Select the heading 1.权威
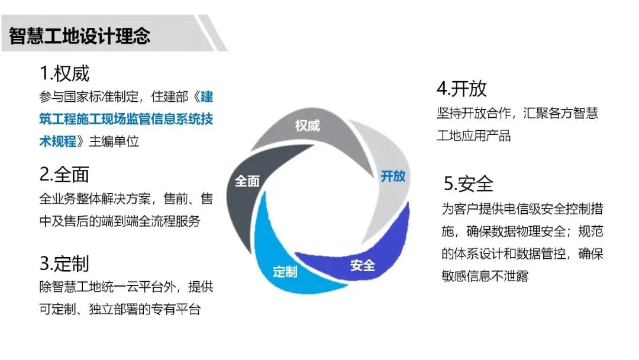[x=64, y=73]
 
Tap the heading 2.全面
[x=64, y=174]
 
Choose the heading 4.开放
[x=461, y=89]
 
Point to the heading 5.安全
[x=469, y=184]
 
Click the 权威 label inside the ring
[x=307, y=126]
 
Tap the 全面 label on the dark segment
[x=247, y=181]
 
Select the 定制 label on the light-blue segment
[x=285, y=272]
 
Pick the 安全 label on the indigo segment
[x=363, y=265]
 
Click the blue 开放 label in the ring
[x=393, y=176]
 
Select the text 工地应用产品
[x=473, y=136]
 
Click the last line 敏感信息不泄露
[x=485, y=276]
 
